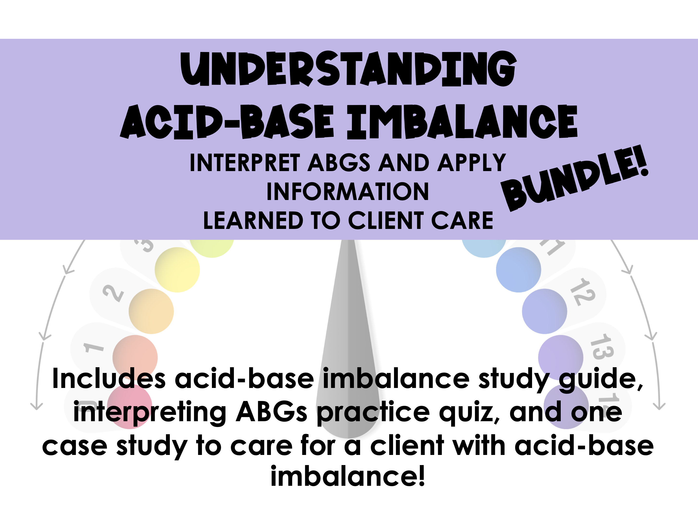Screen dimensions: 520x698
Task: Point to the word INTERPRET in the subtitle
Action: [x=245, y=163]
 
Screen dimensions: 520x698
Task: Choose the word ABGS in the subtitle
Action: [x=339, y=163]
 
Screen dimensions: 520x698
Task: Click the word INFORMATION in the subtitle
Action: [x=348, y=192]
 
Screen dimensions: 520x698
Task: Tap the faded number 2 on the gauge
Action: [x=113, y=293]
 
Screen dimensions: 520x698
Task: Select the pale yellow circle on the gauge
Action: [x=177, y=270]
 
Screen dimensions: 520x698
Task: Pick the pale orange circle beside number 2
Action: [x=151, y=311]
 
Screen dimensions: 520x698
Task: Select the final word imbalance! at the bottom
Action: [x=348, y=476]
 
